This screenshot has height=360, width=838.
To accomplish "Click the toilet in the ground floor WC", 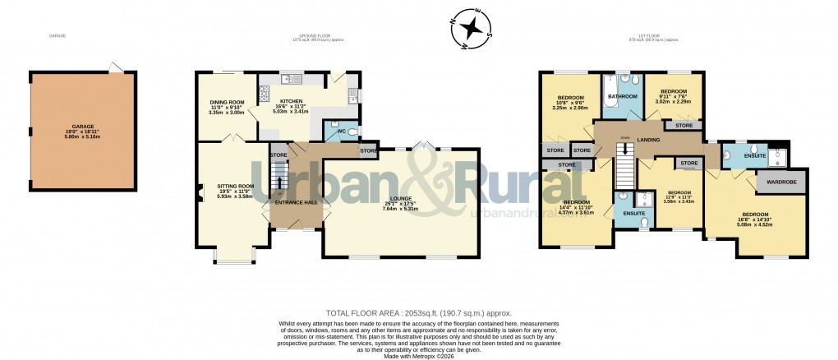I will point(353,132).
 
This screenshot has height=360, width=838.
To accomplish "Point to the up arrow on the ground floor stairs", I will point(280,182).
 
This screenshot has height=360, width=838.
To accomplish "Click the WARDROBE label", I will point(784,181).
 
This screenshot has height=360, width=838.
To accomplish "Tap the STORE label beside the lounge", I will point(368,150).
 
